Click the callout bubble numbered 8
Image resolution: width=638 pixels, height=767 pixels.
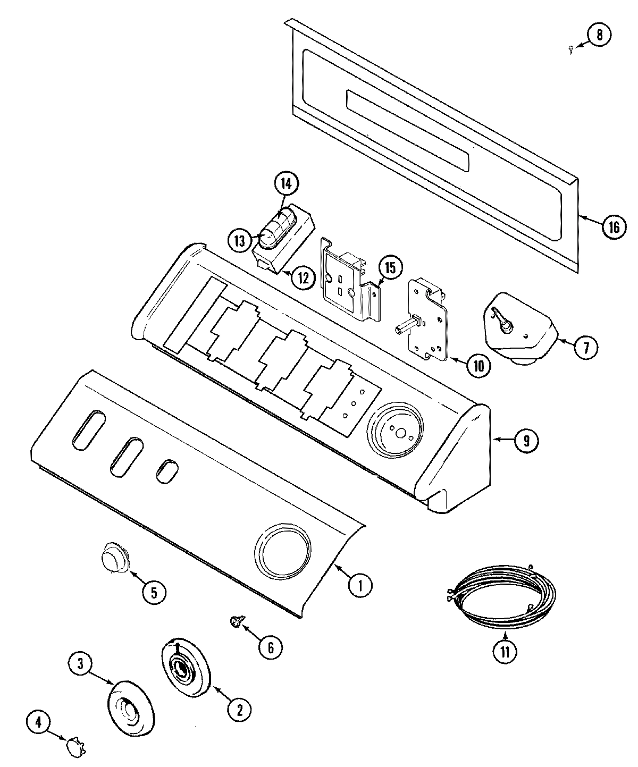tap(599, 36)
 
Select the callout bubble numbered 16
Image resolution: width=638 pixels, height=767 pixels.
tap(614, 227)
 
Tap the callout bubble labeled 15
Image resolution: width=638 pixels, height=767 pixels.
tap(390, 268)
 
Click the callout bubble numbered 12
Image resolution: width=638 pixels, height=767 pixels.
tap(303, 277)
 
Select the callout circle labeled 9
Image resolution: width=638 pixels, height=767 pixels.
tap(525, 440)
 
